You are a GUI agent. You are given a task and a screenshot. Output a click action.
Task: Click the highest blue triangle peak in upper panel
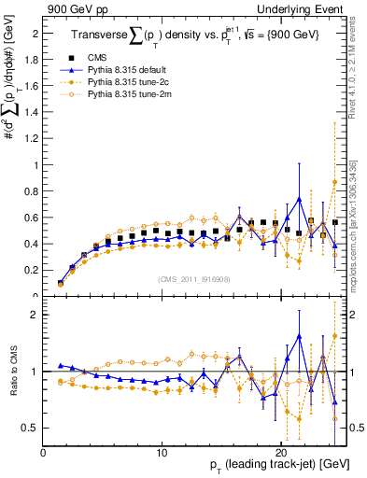[299, 199]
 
